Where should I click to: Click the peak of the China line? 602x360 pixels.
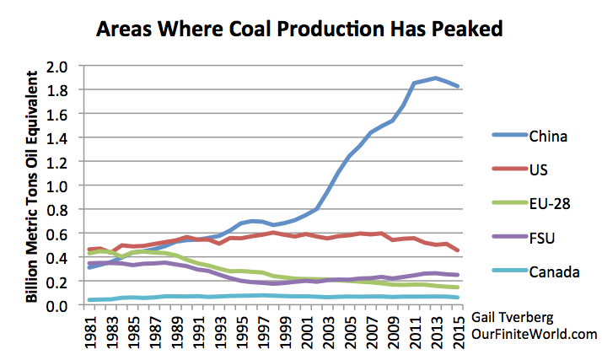click(435, 78)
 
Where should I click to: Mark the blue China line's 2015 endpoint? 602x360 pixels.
click(457, 86)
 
